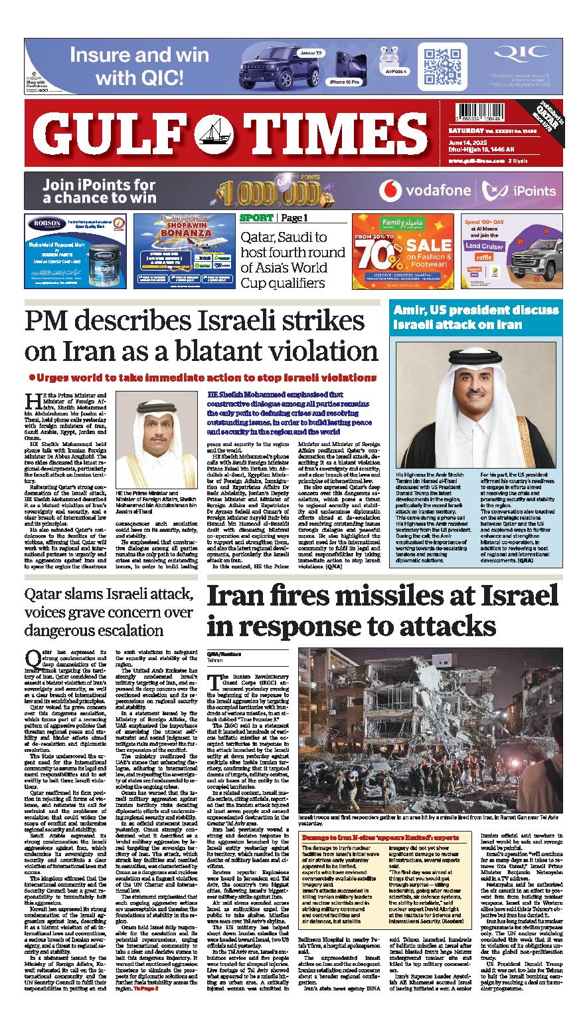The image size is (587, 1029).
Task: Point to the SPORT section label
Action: pyautogui.click(x=256, y=218)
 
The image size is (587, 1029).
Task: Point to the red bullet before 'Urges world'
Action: pyautogui.click(x=31, y=377)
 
